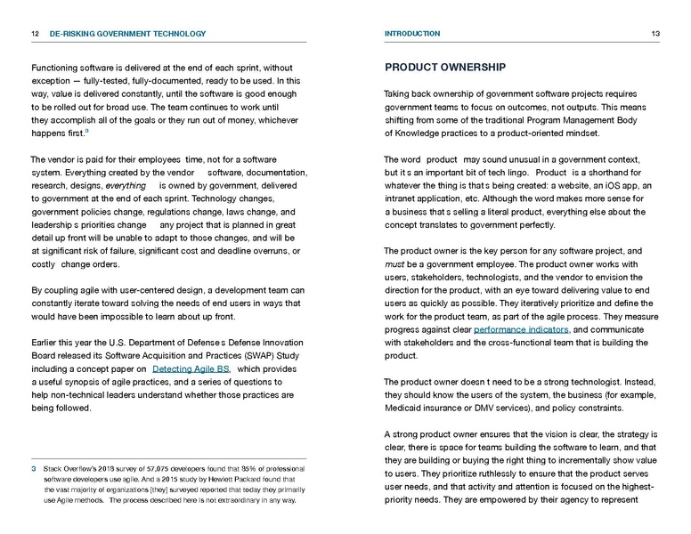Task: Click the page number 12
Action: click(34, 34)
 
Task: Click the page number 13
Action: click(654, 34)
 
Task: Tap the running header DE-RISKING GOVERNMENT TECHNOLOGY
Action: click(127, 34)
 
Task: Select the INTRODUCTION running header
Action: click(411, 34)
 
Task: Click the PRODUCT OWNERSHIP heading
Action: click(445, 68)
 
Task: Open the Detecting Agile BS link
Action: click(191, 368)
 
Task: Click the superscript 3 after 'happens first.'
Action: click(86, 130)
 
